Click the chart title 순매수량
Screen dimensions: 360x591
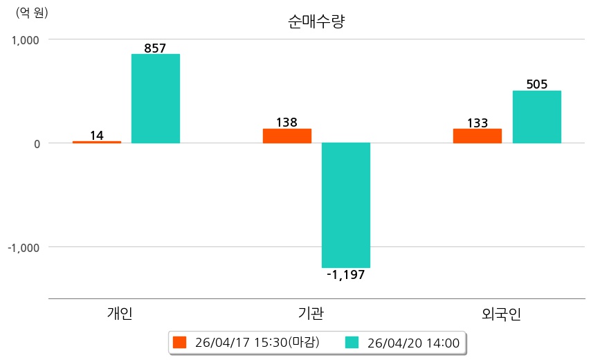(x=316, y=21)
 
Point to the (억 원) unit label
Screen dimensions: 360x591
(x=33, y=12)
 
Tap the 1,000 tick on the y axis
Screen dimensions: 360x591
(x=24, y=40)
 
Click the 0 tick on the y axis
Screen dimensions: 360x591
(x=36, y=144)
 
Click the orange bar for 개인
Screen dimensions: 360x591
(x=97, y=142)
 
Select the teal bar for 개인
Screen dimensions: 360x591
(x=156, y=98)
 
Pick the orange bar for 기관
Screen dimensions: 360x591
(x=287, y=136)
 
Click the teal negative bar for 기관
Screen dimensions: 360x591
(x=346, y=205)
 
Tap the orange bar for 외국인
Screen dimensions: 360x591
(x=478, y=136)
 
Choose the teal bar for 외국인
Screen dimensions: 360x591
(x=537, y=116)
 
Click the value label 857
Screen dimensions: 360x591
(x=155, y=48)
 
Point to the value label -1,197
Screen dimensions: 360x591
(x=345, y=275)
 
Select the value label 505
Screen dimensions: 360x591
(x=537, y=84)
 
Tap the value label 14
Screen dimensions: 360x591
(x=97, y=135)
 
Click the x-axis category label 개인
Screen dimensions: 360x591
(x=120, y=314)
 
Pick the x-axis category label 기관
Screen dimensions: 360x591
(x=310, y=314)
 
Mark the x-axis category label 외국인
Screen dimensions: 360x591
(x=501, y=314)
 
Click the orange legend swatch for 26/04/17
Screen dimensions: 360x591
(x=180, y=342)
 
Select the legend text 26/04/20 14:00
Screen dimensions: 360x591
(x=413, y=342)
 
